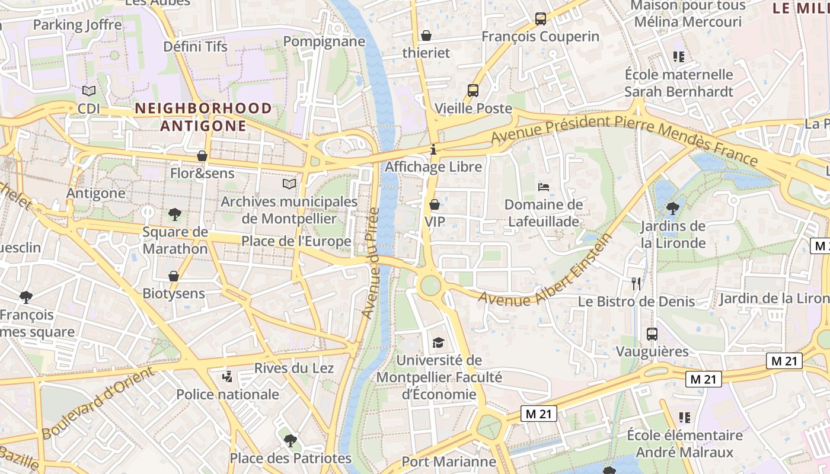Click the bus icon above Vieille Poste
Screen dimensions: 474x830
(473, 91)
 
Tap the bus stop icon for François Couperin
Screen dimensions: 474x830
(540, 19)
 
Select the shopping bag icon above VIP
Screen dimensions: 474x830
(435, 204)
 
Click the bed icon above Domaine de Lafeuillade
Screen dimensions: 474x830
(543, 187)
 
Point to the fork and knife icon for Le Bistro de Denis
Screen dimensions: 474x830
(637, 284)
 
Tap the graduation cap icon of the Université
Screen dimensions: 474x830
(438, 342)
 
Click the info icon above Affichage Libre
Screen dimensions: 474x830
(433, 149)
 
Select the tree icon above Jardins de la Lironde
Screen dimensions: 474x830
(672, 208)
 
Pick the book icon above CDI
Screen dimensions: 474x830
(89, 91)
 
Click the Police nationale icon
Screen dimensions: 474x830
(227, 376)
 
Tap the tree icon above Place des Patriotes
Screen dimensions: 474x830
(290, 440)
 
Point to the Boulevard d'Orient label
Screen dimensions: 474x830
(98, 403)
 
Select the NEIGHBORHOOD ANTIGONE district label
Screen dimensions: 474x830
(203, 117)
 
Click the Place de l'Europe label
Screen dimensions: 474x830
(296, 242)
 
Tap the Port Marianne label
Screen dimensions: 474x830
(448, 462)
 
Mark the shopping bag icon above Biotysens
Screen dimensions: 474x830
(174, 276)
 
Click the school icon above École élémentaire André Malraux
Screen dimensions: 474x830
(685, 418)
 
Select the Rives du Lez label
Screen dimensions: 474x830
(294, 368)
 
